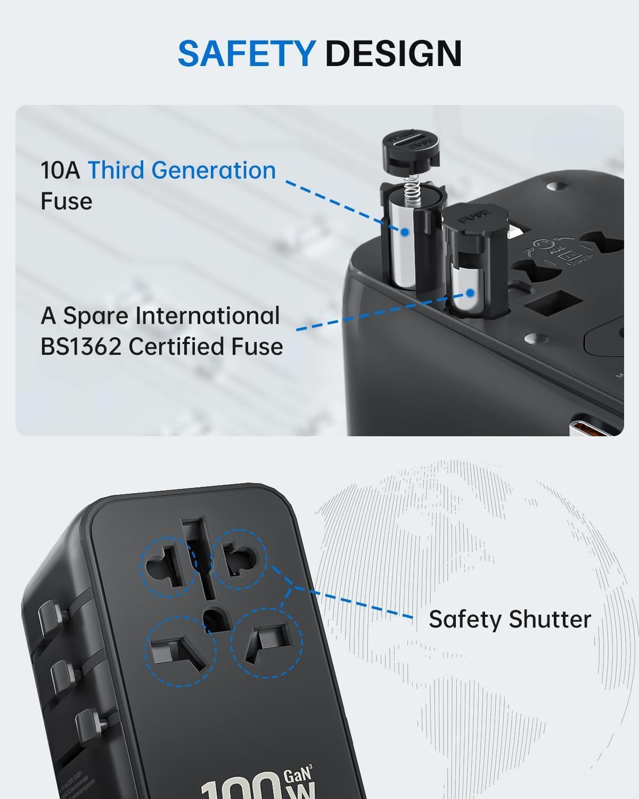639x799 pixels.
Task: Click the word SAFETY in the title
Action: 247,53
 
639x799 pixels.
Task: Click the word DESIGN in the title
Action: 393,53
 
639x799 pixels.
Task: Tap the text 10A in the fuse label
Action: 60,170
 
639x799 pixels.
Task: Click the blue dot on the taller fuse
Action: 404,233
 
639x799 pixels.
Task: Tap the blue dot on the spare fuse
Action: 470,293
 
